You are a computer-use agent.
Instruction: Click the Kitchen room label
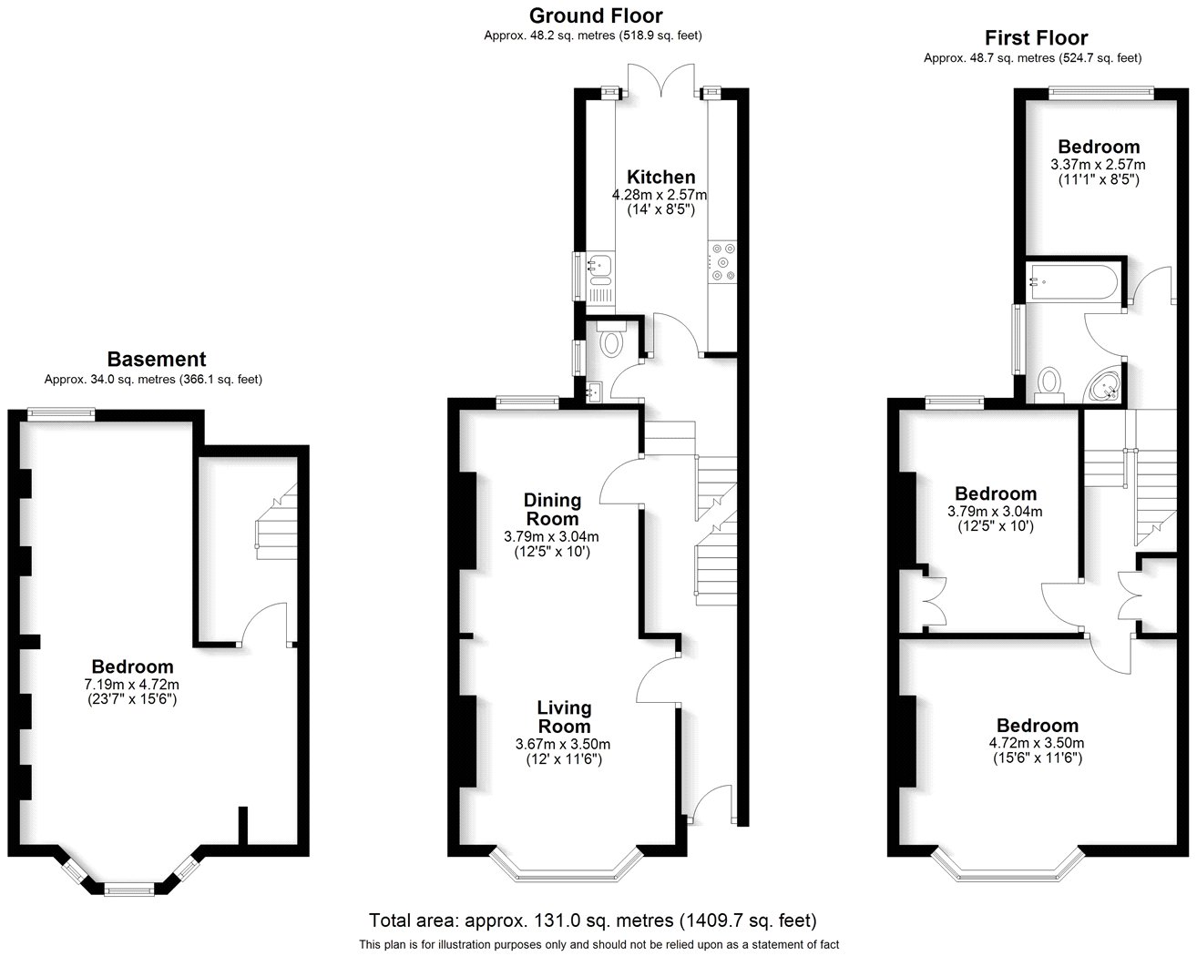pyautogui.click(x=660, y=177)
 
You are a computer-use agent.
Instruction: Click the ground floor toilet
pyautogui.click(x=611, y=342)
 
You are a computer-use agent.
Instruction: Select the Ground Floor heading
pyautogui.click(x=596, y=15)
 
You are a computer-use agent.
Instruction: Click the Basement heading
pyautogui.click(x=157, y=359)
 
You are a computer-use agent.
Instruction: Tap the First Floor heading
pyautogui.click(x=1036, y=37)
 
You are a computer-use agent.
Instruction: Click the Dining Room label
pyautogui.click(x=552, y=509)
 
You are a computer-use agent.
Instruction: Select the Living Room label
pyautogui.click(x=564, y=717)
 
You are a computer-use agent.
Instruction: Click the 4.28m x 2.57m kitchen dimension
pyautogui.click(x=660, y=195)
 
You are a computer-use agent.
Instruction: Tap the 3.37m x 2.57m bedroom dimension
pyautogui.click(x=1098, y=165)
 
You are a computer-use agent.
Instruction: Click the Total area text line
pyautogui.click(x=592, y=920)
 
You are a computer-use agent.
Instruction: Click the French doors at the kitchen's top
pyautogui.click(x=660, y=81)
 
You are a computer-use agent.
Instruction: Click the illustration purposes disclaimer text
pyautogui.click(x=598, y=944)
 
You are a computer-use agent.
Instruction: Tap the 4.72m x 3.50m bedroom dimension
pyautogui.click(x=1037, y=743)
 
